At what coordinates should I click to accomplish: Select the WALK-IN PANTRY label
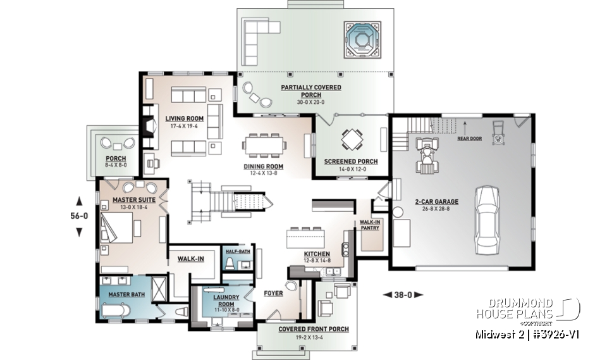click(369, 225)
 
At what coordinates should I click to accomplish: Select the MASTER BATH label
click(124, 294)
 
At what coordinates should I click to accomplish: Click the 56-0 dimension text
click(79, 216)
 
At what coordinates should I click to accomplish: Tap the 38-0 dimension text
click(402, 294)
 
